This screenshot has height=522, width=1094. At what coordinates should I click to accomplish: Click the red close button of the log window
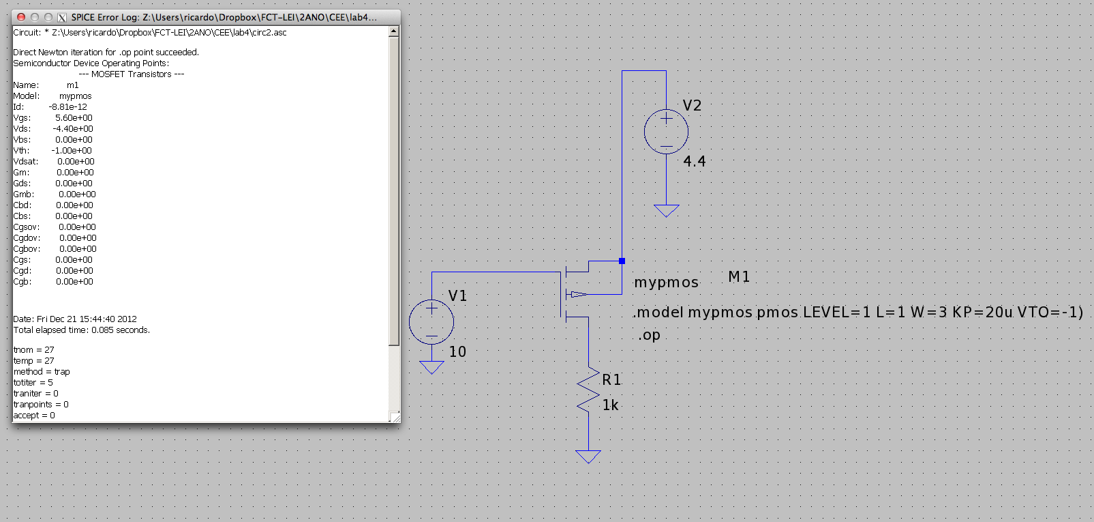[21, 17]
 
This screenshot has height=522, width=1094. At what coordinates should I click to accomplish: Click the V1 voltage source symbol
[431, 321]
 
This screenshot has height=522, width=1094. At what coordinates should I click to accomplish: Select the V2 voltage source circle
[666, 132]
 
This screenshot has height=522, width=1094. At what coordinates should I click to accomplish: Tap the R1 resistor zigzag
[588, 390]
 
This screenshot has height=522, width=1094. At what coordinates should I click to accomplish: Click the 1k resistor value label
[611, 405]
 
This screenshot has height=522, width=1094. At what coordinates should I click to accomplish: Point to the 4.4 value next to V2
[694, 161]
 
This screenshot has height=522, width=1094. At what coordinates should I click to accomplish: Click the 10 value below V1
[457, 351]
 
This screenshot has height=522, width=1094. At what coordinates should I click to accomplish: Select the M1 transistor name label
[739, 276]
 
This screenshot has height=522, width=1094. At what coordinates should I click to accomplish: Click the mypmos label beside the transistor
[666, 283]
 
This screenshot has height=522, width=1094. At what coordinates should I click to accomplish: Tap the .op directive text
[649, 335]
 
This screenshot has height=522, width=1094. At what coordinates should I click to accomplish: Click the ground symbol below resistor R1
[588, 456]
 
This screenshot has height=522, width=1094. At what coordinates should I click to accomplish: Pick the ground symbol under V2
[666, 211]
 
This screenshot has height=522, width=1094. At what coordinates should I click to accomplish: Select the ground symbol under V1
[431, 367]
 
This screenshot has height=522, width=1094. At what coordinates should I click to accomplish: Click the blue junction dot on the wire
[622, 261]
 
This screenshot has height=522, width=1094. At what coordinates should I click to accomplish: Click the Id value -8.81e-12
[68, 107]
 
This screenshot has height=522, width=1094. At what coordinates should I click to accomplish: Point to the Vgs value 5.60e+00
[74, 118]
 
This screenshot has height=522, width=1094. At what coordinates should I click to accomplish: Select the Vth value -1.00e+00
[72, 151]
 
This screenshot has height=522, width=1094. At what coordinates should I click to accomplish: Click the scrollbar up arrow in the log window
[394, 32]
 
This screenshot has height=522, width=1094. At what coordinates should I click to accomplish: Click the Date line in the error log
[75, 319]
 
